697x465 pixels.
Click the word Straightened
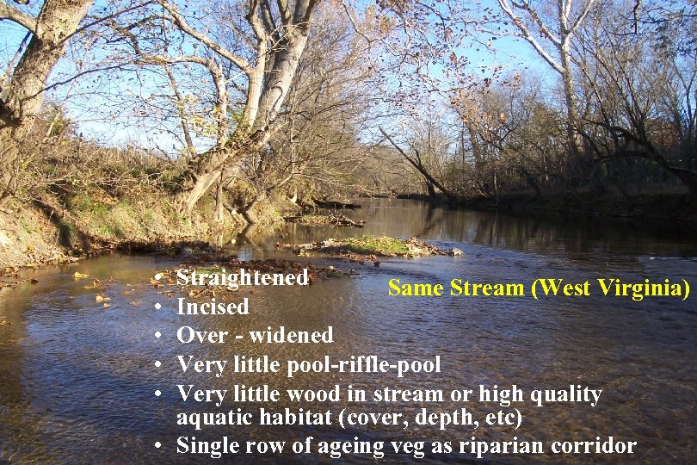(242, 278)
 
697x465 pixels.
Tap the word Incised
(213, 307)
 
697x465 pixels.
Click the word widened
(291, 335)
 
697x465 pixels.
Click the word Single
(207, 445)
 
